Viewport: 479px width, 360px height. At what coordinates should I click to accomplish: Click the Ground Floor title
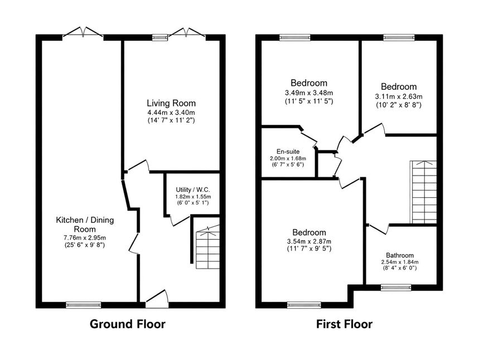coord(127,324)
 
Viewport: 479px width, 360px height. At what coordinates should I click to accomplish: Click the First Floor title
coord(344,324)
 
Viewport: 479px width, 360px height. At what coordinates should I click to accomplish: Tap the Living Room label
coord(171,103)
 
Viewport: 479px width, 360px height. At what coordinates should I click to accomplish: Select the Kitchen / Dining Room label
coord(85,225)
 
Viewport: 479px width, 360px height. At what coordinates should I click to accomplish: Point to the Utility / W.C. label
coord(193,190)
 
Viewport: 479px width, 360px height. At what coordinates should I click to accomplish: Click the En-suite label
coord(288,152)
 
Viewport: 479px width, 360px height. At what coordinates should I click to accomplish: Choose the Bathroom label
coord(400,255)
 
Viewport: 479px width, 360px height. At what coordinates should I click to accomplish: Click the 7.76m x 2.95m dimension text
coord(85,237)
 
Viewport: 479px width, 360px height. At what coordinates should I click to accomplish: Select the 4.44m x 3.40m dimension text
coord(171,113)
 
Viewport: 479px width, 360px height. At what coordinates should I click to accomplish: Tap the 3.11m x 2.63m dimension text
coord(399,96)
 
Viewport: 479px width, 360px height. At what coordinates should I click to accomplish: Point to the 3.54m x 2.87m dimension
coord(309,241)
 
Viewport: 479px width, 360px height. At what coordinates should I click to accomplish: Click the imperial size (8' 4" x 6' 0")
coord(400,268)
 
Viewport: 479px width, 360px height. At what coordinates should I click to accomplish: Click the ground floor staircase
coord(208,247)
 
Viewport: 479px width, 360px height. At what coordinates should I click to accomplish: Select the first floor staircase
coord(423,192)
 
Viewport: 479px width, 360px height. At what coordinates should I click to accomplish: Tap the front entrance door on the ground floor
coord(157,299)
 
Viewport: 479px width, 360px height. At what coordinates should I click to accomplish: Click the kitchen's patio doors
coord(83,33)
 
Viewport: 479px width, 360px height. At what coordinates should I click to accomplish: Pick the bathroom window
coord(396,288)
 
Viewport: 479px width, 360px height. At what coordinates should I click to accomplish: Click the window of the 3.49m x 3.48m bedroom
coord(295,37)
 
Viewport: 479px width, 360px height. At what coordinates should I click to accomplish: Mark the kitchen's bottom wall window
coord(84,305)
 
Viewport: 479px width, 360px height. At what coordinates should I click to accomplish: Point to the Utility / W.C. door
coord(180,221)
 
